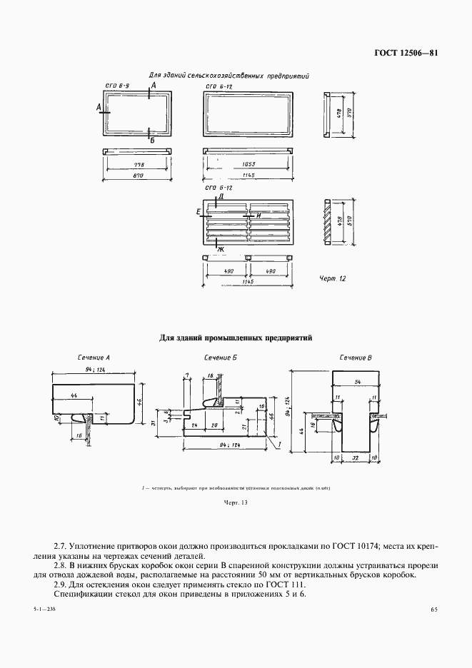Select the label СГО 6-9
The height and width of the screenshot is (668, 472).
116,86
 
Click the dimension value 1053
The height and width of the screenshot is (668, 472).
245,163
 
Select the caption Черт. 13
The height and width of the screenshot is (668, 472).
235,503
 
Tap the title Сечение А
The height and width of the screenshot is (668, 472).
94,357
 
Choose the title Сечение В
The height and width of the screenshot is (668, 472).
355,357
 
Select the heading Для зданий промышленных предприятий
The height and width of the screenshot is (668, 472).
236,338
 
